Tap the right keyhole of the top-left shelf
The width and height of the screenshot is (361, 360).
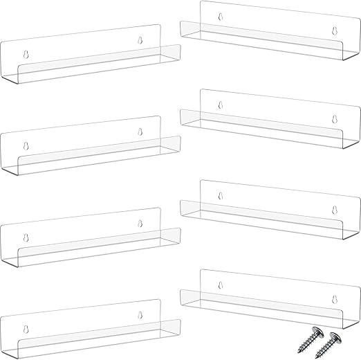(140, 40)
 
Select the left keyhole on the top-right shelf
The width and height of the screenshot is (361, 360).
(221, 15)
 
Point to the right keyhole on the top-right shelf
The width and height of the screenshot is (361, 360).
(335, 31)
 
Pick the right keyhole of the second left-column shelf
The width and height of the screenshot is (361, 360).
(140, 132)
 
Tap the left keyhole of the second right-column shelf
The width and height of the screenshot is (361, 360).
(221, 105)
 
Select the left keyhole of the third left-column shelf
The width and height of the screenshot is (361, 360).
(26, 237)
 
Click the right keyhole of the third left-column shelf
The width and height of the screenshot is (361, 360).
(140, 223)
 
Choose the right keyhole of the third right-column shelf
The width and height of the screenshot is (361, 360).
(335, 210)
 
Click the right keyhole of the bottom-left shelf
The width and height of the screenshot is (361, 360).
(140, 314)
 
